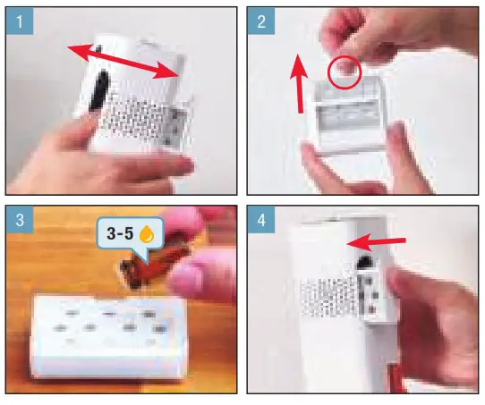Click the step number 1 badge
click(x=20, y=21)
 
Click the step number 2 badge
click(x=261, y=21)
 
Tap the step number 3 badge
click(x=20, y=220)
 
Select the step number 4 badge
click(x=261, y=220)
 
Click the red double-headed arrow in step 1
click(x=123, y=61)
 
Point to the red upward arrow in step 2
click(x=299, y=83)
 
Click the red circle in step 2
click(x=345, y=73)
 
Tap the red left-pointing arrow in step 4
click(x=376, y=242)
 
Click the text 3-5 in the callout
click(x=120, y=233)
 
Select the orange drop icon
click(x=147, y=233)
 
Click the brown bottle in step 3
click(x=151, y=263)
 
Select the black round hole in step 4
click(x=366, y=262)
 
